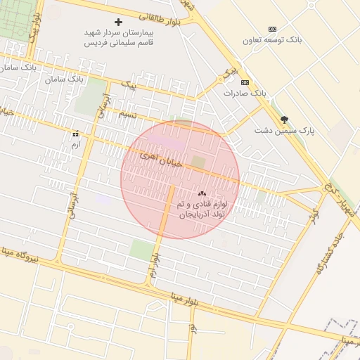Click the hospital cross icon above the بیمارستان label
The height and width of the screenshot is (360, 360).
point(118,22)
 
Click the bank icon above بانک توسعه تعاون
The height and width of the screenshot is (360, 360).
point(272,29)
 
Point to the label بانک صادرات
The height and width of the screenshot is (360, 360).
point(245,93)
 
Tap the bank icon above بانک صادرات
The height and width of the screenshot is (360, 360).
point(244,82)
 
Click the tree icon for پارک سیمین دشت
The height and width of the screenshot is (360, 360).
point(284,120)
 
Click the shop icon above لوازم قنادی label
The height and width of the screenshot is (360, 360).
point(202,193)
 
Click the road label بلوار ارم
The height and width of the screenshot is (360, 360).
point(153,265)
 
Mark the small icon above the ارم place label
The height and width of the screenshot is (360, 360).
point(75,134)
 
